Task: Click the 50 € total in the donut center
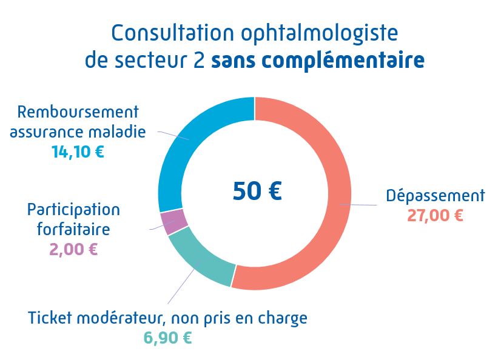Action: pyautogui.click(x=257, y=191)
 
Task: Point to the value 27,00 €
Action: pyautogui.click(x=435, y=215)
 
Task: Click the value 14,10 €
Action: pyautogui.click(x=78, y=152)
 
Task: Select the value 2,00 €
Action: pyautogui.click(x=73, y=248)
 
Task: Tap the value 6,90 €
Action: pyautogui.click(x=167, y=338)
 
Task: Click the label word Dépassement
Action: pyautogui.click(x=435, y=196)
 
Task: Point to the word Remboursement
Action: pyautogui.click(x=78, y=112)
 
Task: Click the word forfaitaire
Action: pyautogui.click(x=73, y=230)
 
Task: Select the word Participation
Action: pyautogui.click(x=73, y=210)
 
